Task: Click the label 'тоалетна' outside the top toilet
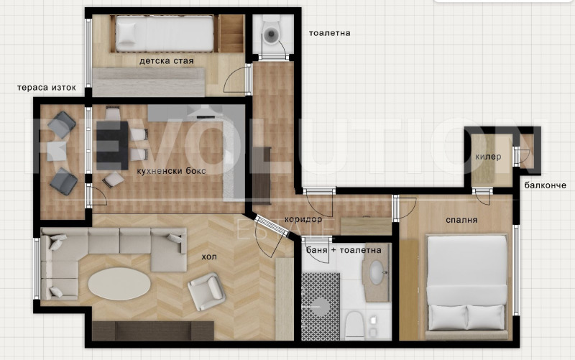329,33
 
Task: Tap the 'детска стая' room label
166,61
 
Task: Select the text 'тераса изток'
47,88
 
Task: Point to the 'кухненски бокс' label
171,171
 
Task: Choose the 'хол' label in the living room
209,257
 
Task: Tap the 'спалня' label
461,220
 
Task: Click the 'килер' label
488,157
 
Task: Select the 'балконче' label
545,185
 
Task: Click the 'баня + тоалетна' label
344,250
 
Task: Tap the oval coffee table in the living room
119,284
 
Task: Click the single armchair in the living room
206,291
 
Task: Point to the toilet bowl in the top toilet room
272,34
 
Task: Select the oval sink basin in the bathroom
377,273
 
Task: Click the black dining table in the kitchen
112,145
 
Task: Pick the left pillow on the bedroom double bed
447,316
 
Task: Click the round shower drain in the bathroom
320,307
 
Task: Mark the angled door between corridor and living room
272,225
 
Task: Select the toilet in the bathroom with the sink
354,326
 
